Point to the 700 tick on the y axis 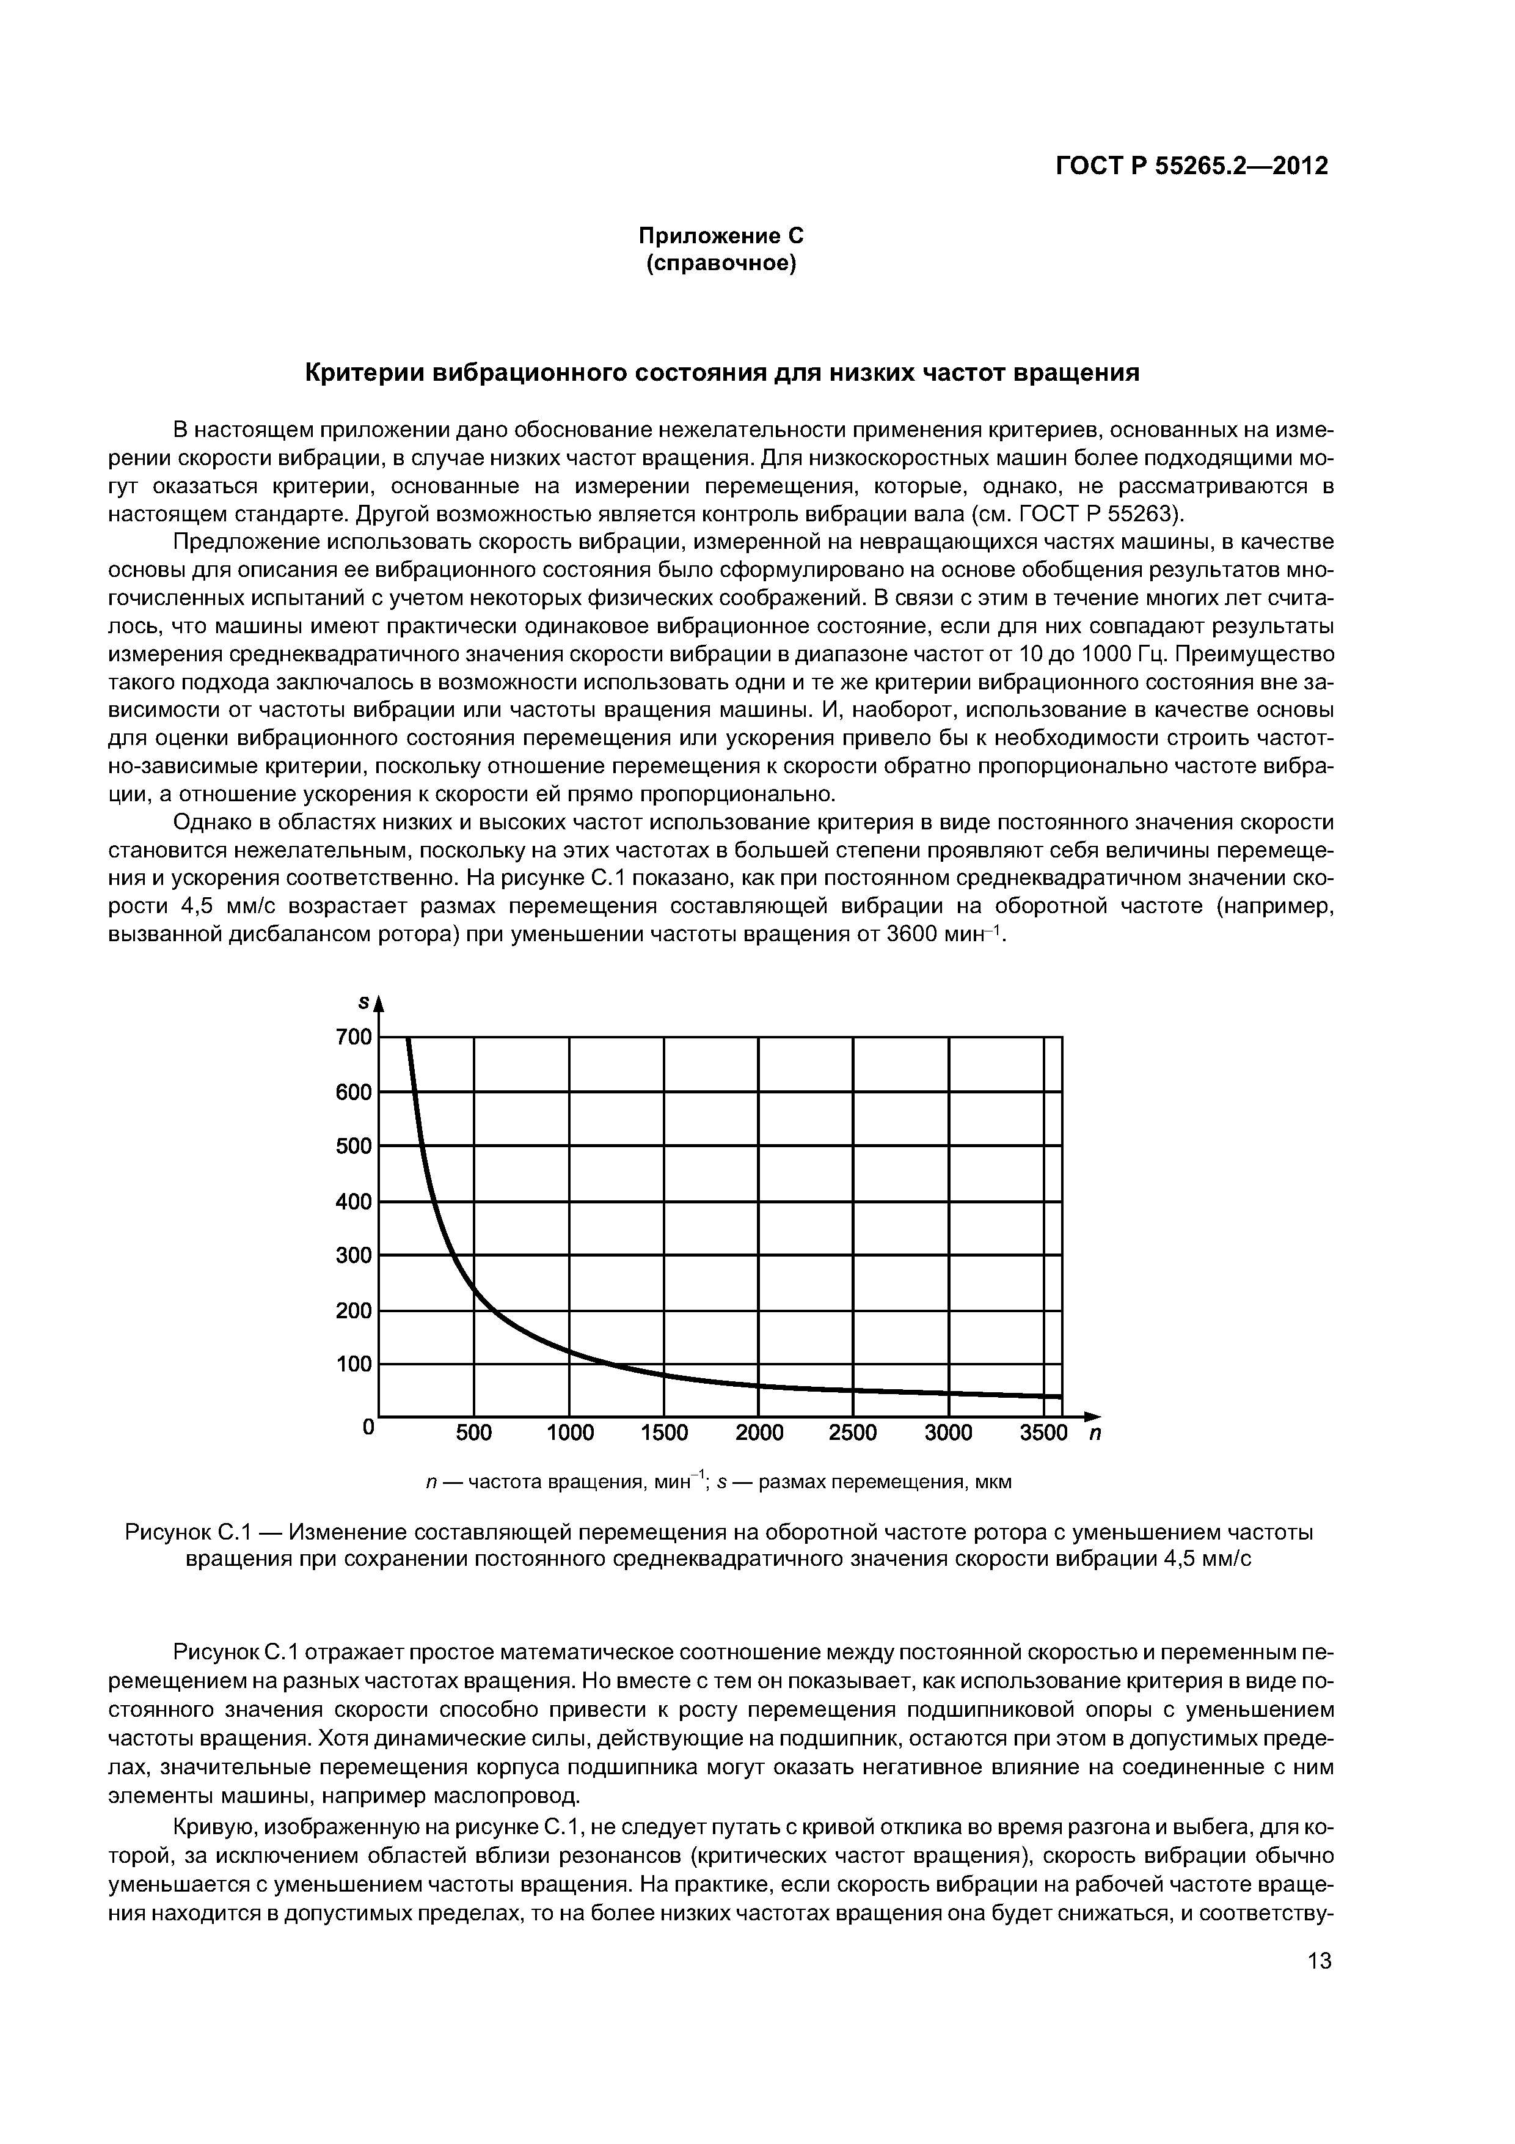click(355, 1037)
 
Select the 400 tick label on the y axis click(355, 1202)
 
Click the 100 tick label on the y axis click(355, 1365)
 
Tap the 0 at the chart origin click(368, 1428)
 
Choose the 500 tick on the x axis click(474, 1433)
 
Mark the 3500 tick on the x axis click(1043, 1433)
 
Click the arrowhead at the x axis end click(1092, 1415)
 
